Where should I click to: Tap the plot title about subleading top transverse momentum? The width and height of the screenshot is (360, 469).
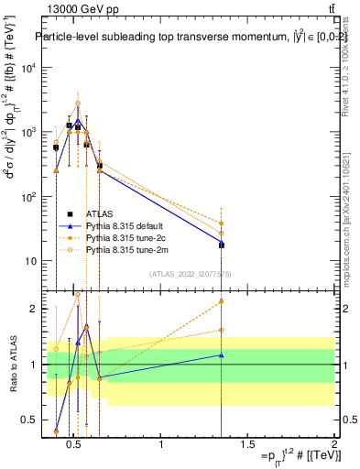click(183, 38)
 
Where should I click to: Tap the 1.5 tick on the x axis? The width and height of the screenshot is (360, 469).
click(247, 444)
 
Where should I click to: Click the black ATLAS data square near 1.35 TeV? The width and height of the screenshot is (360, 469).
click(221, 245)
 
